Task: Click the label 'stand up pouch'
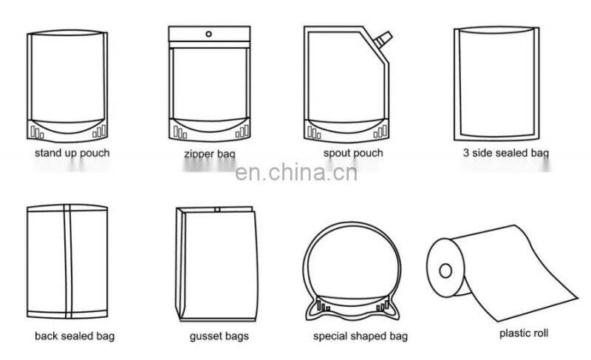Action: tap(72, 153)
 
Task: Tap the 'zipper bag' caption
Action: tap(209, 154)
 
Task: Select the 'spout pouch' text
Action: tap(353, 153)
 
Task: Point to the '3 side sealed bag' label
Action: tap(505, 154)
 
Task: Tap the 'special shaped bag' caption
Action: tap(360, 336)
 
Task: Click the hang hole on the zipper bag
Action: tap(209, 33)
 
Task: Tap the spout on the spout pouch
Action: tap(383, 35)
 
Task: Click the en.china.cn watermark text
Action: tap(295, 174)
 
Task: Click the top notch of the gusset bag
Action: tap(217, 210)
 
